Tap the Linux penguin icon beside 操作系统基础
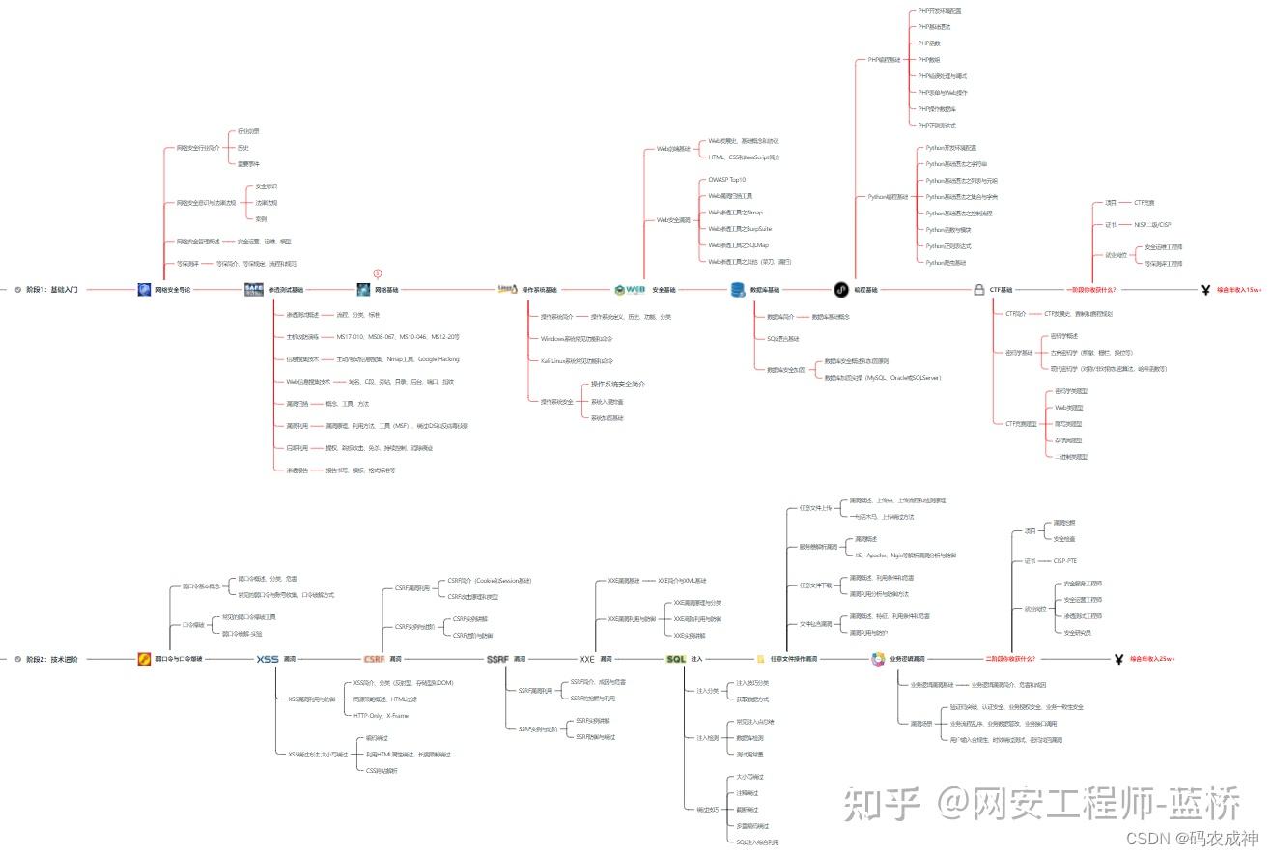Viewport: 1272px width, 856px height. pos(507,289)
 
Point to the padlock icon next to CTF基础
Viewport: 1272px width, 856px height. pos(979,289)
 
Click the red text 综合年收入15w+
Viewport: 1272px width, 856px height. pos(1239,289)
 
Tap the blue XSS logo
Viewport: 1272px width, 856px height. pos(268,659)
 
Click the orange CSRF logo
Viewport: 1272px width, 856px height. pos(375,659)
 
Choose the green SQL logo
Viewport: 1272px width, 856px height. pos(676,659)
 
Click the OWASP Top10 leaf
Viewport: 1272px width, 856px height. pos(727,180)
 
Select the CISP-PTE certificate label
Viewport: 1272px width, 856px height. pos(1065,560)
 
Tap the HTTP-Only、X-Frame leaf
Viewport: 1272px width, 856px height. pos(381,716)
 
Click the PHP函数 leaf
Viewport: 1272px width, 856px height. pos(929,43)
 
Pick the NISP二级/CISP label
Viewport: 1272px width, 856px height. pos(1152,224)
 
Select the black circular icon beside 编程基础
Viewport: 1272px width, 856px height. pos(841,289)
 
